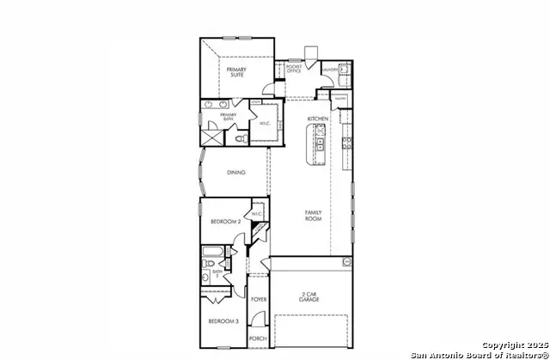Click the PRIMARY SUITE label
tap(236, 72)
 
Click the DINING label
tap(236, 173)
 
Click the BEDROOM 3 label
tap(223, 321)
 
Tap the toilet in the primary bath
tap(241, 137)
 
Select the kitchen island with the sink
tap(319, 144)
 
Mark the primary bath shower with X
tap(211, 137)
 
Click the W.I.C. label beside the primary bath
tap(266, 122)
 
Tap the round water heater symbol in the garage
tap(348, 261)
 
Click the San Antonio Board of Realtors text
tap(479, 355)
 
